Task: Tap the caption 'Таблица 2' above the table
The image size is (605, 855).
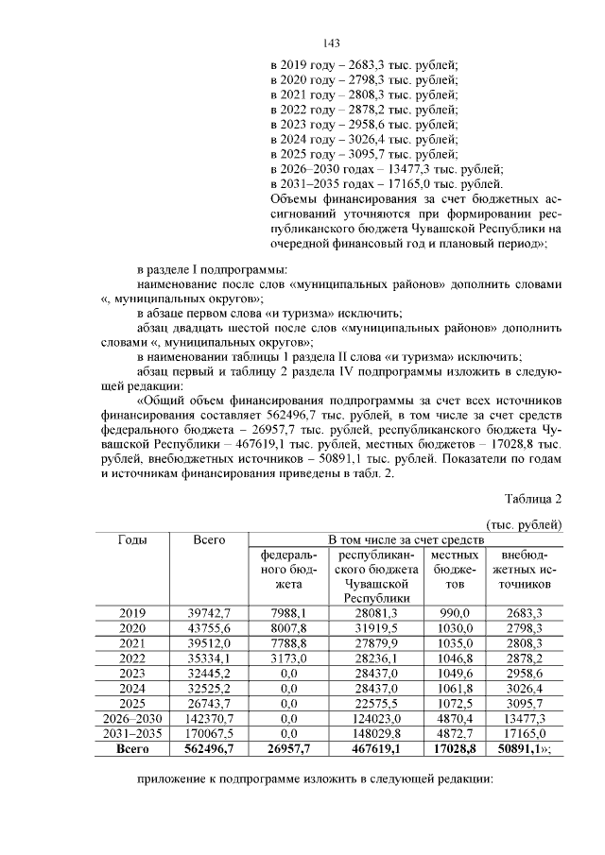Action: pos(533,499)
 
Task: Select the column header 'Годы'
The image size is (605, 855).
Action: pos(131,539)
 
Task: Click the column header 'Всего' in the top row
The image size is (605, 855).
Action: pos(208,539)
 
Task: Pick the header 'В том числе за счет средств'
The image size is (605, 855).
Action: pos(406,539)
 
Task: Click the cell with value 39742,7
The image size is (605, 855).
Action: pos(208,613)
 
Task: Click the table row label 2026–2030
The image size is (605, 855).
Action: pos(131,719)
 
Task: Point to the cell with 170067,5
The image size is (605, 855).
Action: pos(208,734)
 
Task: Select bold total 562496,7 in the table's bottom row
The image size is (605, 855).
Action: pos(208,749)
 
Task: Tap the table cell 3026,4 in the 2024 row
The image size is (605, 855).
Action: pos(526,689)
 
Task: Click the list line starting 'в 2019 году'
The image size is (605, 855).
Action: pos(364,64)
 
